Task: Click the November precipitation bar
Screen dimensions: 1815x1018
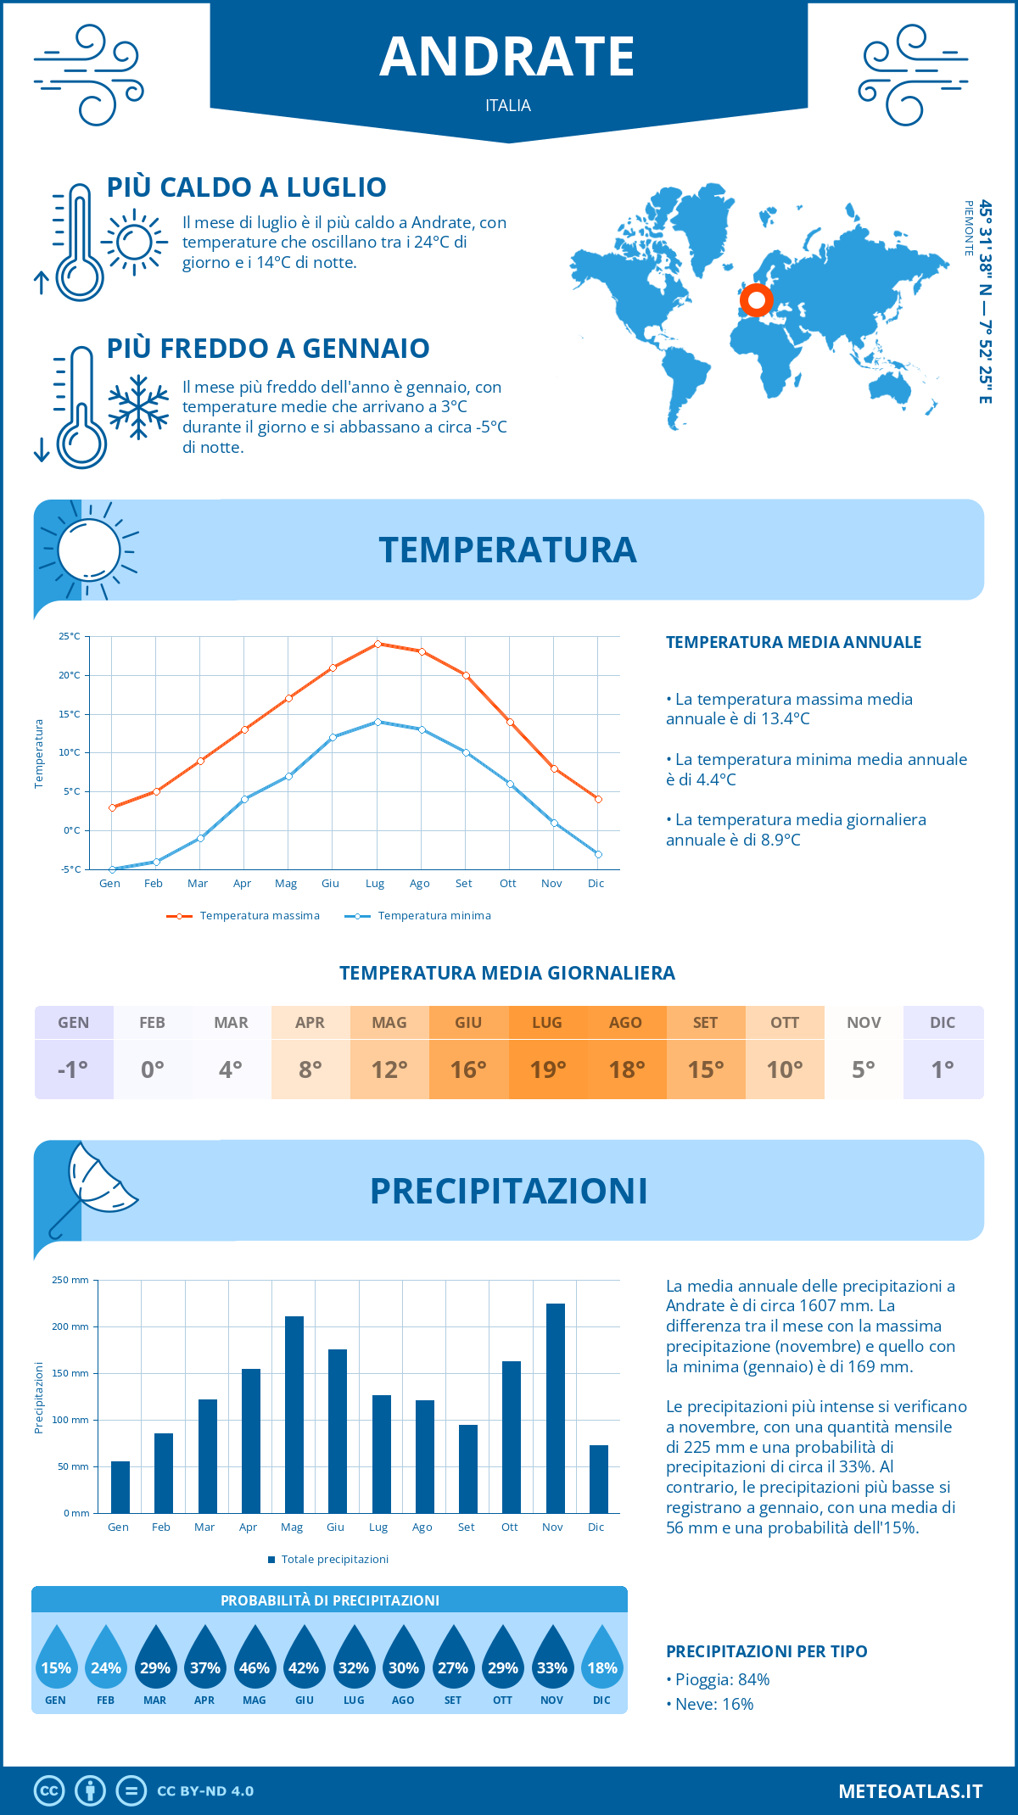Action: [555, 1408]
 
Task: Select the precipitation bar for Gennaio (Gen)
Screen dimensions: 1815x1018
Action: [120, 1487]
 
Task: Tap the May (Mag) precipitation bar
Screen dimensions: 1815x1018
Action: [294, 1414]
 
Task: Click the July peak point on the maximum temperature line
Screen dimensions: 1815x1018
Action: [378, 644]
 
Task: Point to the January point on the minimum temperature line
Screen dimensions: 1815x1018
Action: [112, 869]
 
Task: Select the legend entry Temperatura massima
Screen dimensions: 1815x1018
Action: [244, 916]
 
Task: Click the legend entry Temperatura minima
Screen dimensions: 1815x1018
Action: [418, 916]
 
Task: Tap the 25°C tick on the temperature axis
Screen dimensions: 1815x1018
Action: [70, 636]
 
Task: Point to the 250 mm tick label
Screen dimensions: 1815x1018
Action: [70, 1280]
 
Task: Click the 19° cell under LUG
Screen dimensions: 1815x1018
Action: [547, 1069]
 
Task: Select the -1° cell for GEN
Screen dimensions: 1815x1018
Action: [73, 1069]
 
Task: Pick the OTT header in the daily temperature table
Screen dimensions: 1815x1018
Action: [785, 1023]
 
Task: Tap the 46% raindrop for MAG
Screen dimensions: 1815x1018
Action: [255, 1660]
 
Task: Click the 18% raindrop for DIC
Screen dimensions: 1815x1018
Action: [602, 1660]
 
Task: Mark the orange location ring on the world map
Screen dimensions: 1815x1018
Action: [756, 299]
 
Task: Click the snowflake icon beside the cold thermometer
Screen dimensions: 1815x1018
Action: [138, 407]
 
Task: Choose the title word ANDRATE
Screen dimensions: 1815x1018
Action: [507, 57]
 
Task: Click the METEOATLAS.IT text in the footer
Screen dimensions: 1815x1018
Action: [910, 1791]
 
